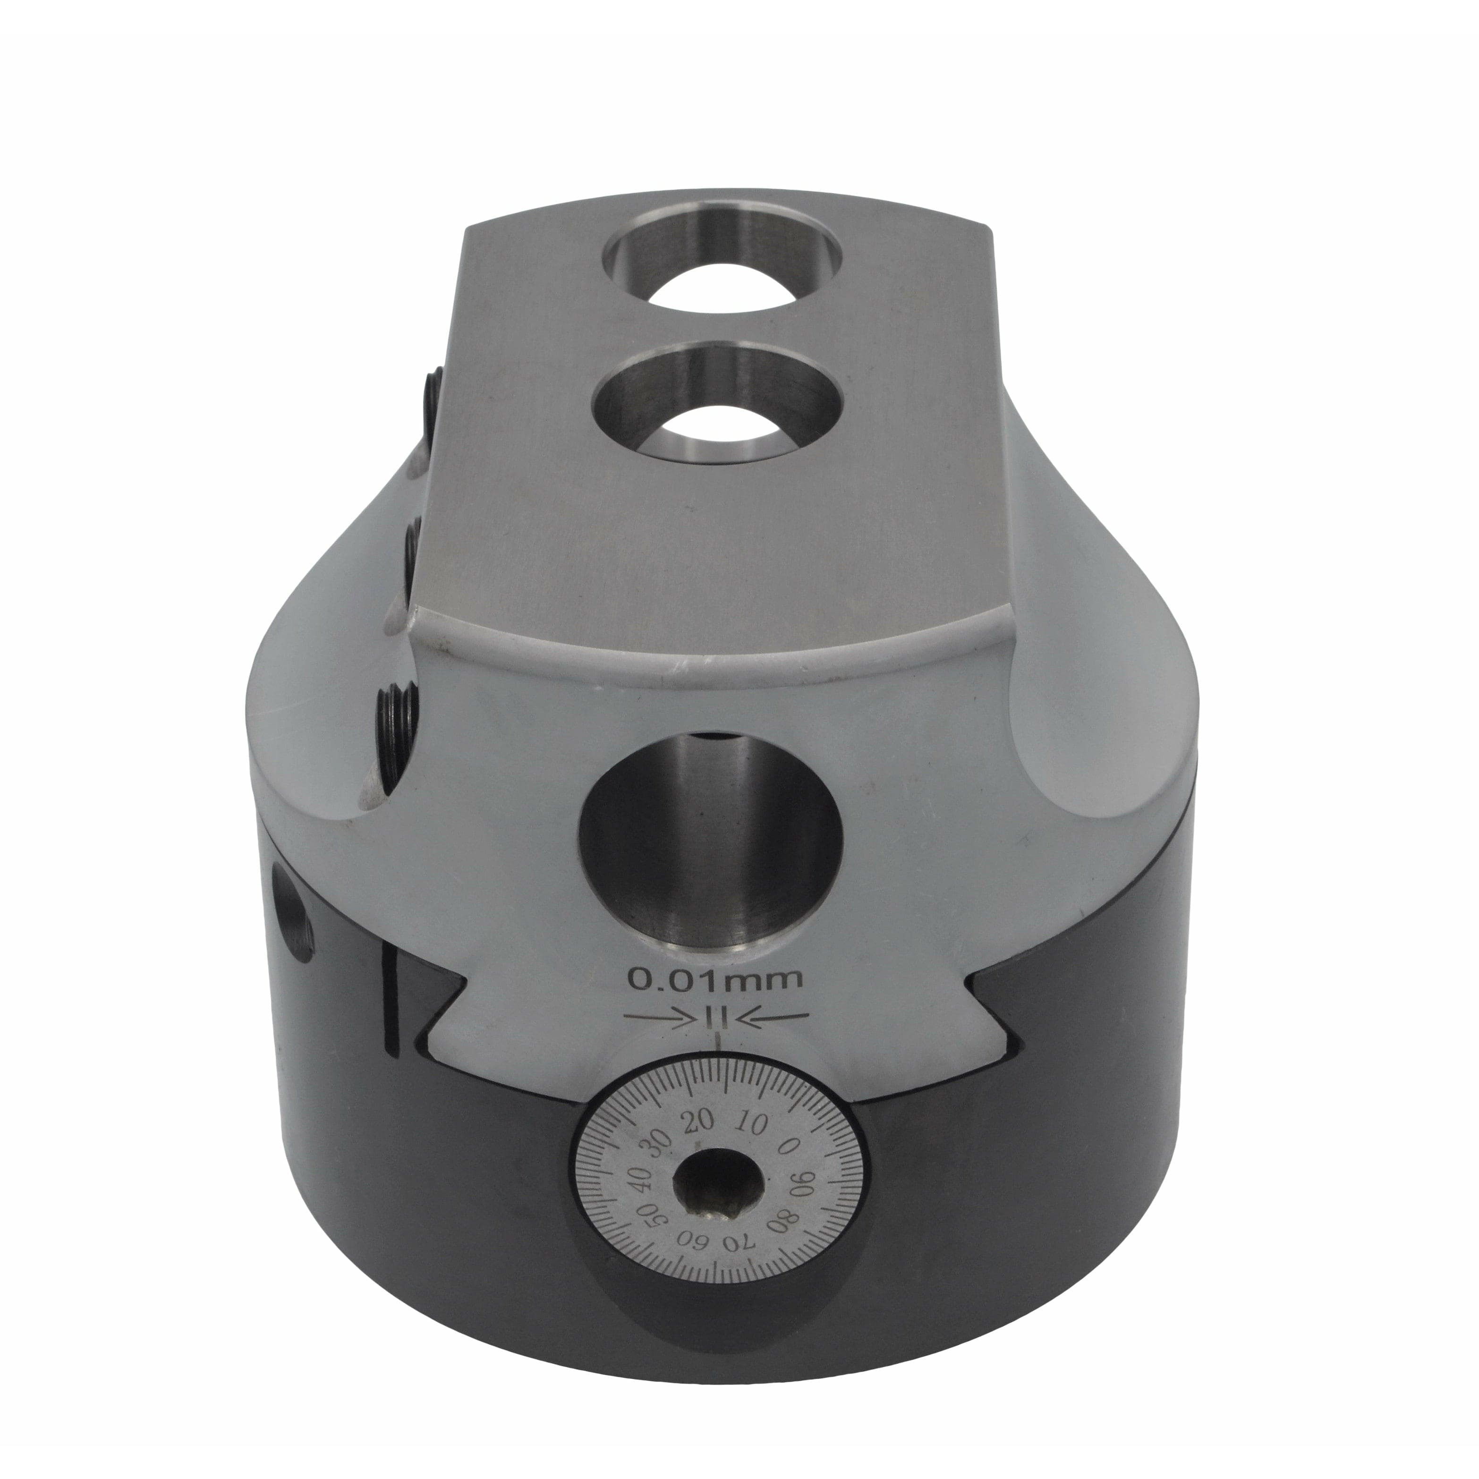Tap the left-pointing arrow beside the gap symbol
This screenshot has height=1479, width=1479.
(x=779, y=1017)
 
